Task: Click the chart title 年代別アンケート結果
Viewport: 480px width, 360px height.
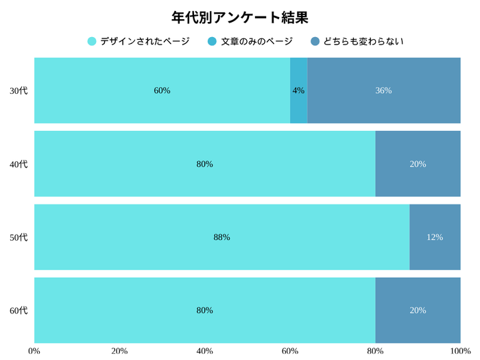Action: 240,16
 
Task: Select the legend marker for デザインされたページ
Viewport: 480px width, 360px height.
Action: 93,42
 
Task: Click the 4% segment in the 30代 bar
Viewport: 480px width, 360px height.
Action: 299,91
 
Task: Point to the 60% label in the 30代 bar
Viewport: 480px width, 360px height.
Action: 162,91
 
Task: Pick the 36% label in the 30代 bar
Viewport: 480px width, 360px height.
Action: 383,91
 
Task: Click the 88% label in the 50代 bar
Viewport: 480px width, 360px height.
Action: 221,237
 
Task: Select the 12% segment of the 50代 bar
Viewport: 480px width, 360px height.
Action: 435,237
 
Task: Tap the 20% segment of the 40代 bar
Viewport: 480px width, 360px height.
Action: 418,164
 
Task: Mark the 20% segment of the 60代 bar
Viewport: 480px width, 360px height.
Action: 418,310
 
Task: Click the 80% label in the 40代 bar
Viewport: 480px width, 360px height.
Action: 204,164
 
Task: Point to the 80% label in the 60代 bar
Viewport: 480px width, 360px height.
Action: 204,310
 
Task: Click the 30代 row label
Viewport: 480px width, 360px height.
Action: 19,91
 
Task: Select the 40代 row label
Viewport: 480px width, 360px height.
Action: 19,164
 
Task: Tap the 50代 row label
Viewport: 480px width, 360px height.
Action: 19,237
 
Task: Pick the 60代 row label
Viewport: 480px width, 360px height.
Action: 19,310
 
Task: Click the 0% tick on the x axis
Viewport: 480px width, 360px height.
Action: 34,351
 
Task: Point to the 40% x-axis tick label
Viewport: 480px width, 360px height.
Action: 204,351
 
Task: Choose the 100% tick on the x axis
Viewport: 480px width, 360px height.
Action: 459,351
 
